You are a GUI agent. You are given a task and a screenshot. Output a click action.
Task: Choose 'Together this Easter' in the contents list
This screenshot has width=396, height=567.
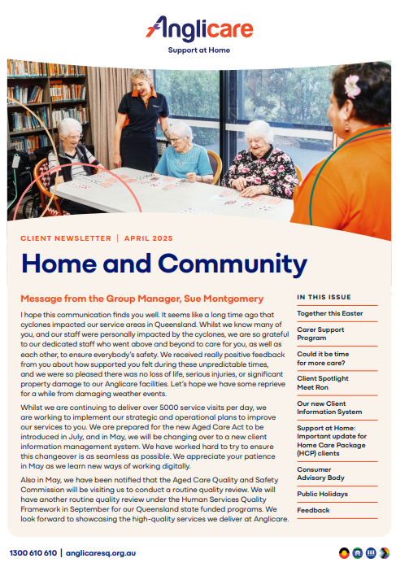coord(329,313)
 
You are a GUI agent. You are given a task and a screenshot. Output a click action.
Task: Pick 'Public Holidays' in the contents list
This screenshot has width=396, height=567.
coord(322,494)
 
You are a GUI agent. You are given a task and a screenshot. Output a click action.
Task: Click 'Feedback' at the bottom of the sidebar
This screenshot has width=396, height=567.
coord(313,510)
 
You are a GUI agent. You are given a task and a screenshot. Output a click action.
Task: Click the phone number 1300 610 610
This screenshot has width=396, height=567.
coord(33,552)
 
